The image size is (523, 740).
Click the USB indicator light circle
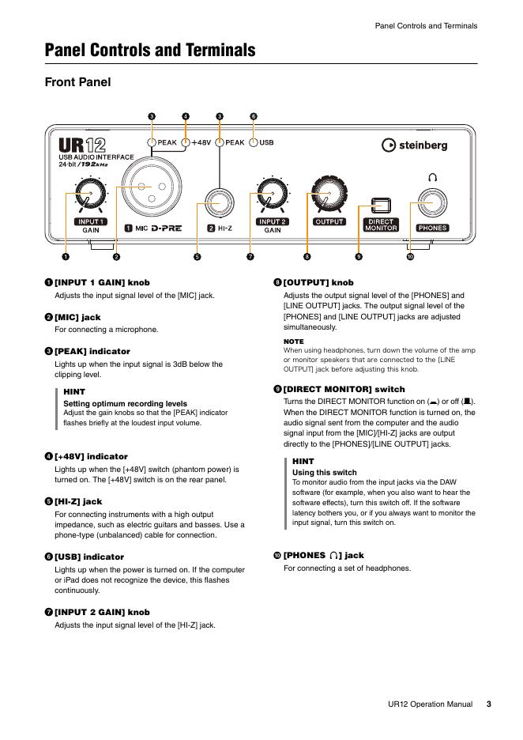click(x=254, y=143)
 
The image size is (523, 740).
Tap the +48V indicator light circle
click(x=186, y=143)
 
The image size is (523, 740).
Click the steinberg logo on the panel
click(x=414, y=145)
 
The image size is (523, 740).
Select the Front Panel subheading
click(x=77, y=82)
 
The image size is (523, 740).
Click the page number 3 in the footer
click(x=488, y=704)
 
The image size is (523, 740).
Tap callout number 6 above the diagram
click(x=254, y=117)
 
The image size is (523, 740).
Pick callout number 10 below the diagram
click(x=410, y=256)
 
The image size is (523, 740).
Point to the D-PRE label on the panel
click(x=167, y=228)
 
